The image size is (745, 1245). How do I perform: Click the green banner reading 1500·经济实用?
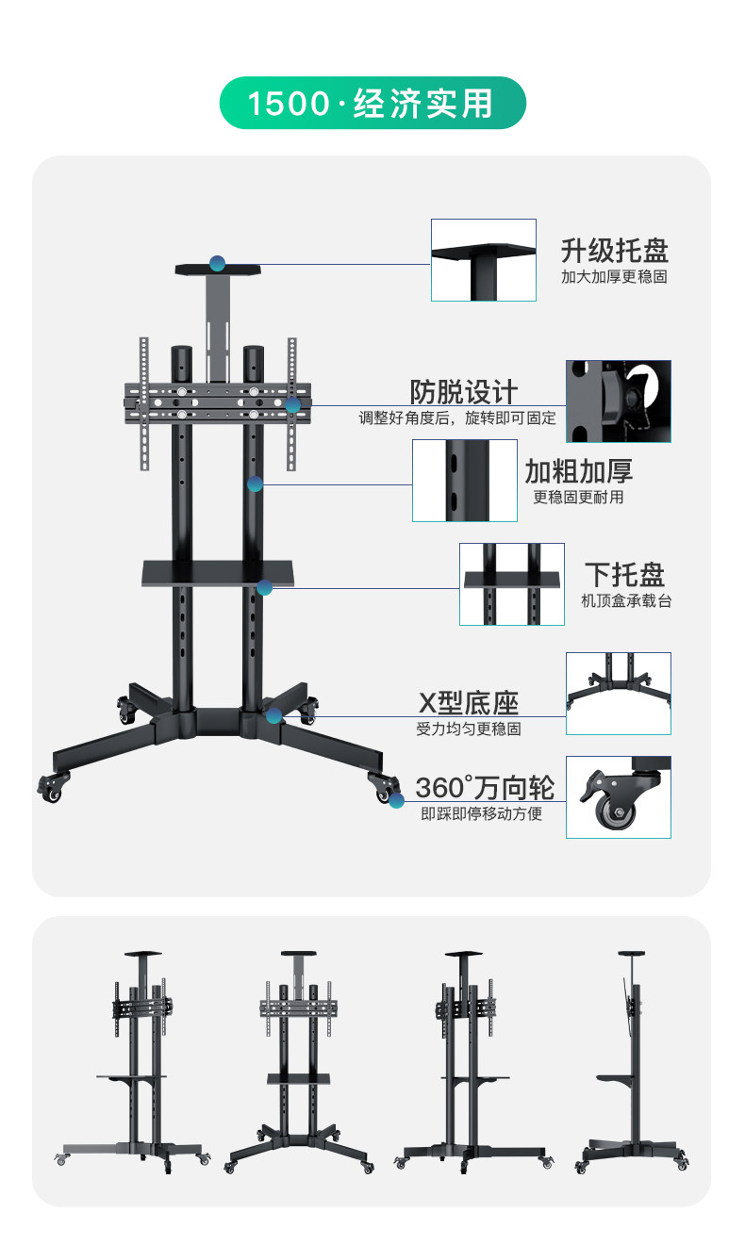click(372, 103)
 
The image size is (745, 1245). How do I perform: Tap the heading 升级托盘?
click(614, 251)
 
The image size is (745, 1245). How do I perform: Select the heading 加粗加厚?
click(578, 471)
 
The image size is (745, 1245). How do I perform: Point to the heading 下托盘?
click(624, 575)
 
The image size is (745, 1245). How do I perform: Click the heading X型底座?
click(468, 703)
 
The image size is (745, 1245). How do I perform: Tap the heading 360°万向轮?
click(484, 787)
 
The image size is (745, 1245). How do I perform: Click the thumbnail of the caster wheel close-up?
click(618, 797)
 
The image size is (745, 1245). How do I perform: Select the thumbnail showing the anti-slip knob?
click(618, 401)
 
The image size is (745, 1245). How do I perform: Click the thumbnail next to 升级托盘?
click(483, 260)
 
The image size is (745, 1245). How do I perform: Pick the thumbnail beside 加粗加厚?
click(464, 480)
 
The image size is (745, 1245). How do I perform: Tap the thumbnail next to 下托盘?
click(511, 583)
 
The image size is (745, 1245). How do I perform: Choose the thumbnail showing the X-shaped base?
click(618, 693)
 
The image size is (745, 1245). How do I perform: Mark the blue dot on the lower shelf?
click(265, 587)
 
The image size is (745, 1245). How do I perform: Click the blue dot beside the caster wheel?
click(396, 801)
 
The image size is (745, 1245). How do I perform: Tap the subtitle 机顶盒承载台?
click(626, 600)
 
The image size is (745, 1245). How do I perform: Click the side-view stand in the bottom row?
click(631, 1060)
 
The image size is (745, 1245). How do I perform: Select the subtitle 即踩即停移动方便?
click(481, 813)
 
